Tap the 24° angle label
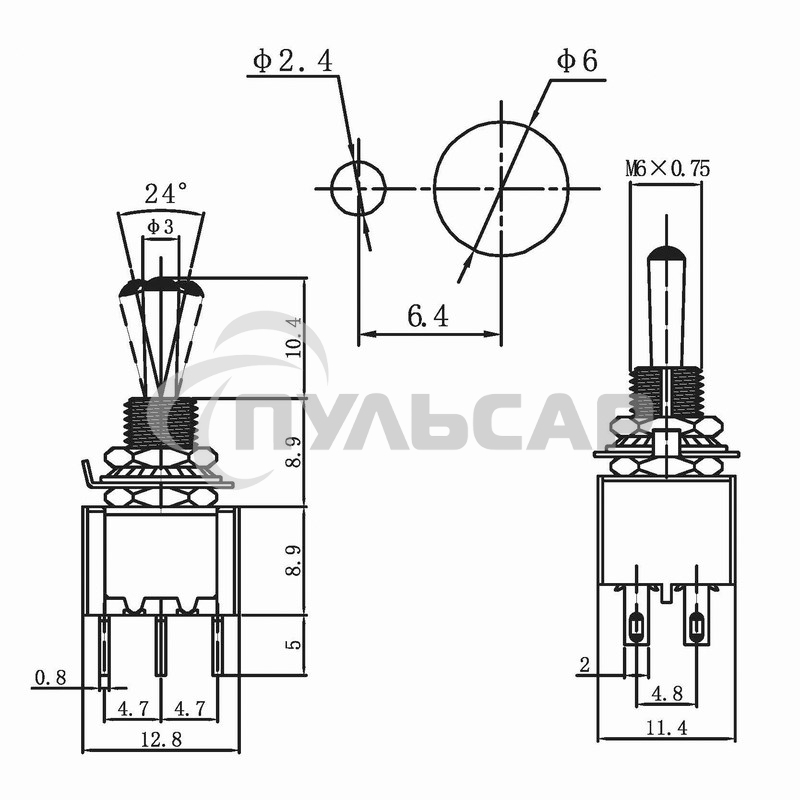[165, 193]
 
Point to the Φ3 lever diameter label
[160, 228]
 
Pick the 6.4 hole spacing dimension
[428, 317]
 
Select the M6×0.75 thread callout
[668, 169]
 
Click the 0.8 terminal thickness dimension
[50, 679]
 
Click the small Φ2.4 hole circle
[358, 188]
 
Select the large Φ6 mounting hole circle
[500, 189]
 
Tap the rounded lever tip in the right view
[667, 256]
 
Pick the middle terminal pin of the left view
[160, 645]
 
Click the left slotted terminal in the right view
[636, 629]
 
